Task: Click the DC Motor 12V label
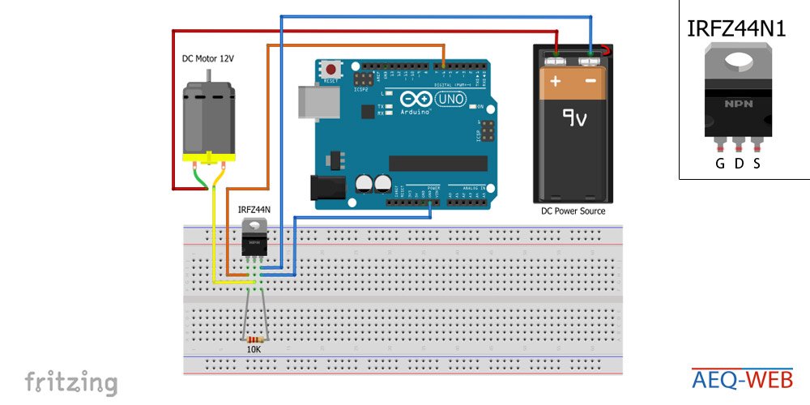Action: click(x=212, y=59)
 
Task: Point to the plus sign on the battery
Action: click(x=556, y=82)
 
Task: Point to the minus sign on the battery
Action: click(x=590, y=82)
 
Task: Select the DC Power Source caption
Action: click(x=573, y=211)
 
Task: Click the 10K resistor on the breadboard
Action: click(x=256, y=339)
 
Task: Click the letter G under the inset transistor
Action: click(x=719, y=164)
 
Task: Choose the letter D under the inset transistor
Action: click(x=739, y=164)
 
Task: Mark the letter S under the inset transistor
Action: click(x=757, y=164)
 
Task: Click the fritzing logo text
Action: click(x=70, y=382)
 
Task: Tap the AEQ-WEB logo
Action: click(x=742, y=378)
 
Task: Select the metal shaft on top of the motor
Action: click(x=209, y=76)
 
